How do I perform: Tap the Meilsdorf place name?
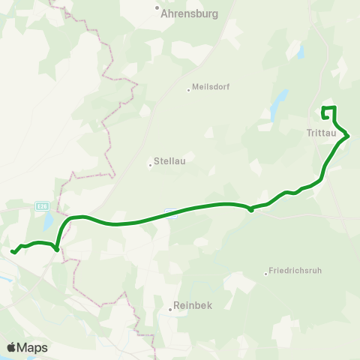(x=211, y=86)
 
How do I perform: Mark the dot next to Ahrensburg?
(x=158, y=9)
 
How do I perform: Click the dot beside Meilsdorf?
(x=189, y=90)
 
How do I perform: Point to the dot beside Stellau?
(x=151, y=164)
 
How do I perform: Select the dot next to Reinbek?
(x=170, y=308)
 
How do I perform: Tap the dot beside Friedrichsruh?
(x=266, y=274)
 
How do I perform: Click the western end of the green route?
(x=13, y=252)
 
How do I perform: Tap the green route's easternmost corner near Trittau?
(x=349, y=136)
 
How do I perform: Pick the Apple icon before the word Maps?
(x=12, y=347)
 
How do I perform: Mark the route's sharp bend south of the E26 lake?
(x=57, y=249)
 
